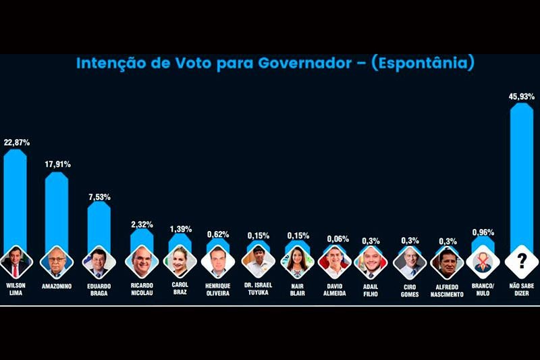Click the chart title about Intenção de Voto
tap(275, 64)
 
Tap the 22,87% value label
tap(16, 143)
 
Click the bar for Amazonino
tap(57, 209)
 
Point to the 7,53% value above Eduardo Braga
tap(99, 197)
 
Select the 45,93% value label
tap(521, 97)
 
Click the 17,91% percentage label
tap(57, 164)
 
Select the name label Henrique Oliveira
tap(218, 290)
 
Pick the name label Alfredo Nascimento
tap(446, 290)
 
